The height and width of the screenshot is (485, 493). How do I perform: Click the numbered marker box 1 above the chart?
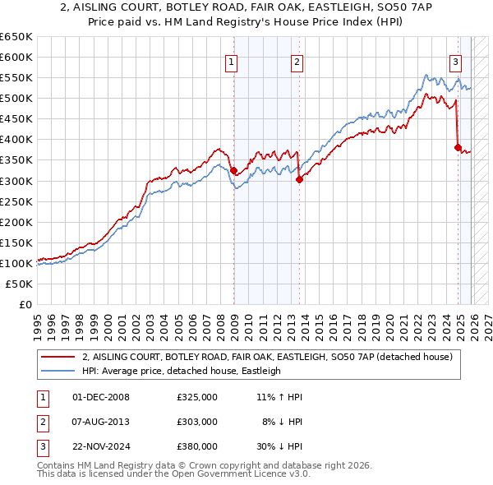coord(232,61)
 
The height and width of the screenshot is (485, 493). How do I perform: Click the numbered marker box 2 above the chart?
coord(296,61)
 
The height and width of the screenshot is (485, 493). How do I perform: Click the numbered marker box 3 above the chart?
coord(455,61)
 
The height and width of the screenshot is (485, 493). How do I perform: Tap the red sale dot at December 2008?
coord(233,170)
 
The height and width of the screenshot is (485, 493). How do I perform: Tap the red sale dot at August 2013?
coord(299,179)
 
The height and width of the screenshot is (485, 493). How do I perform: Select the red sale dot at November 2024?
coord(458,148)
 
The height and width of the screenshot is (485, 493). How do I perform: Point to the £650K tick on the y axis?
coord(16,37)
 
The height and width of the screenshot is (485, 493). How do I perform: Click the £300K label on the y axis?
coord(16,181)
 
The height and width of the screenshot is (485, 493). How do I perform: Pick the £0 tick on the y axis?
coord(26,304)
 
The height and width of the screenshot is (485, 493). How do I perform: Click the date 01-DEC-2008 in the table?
coord(101,396)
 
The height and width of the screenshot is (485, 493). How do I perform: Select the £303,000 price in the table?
coord(197,422)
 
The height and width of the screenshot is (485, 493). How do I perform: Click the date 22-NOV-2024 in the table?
coord(102,447)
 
